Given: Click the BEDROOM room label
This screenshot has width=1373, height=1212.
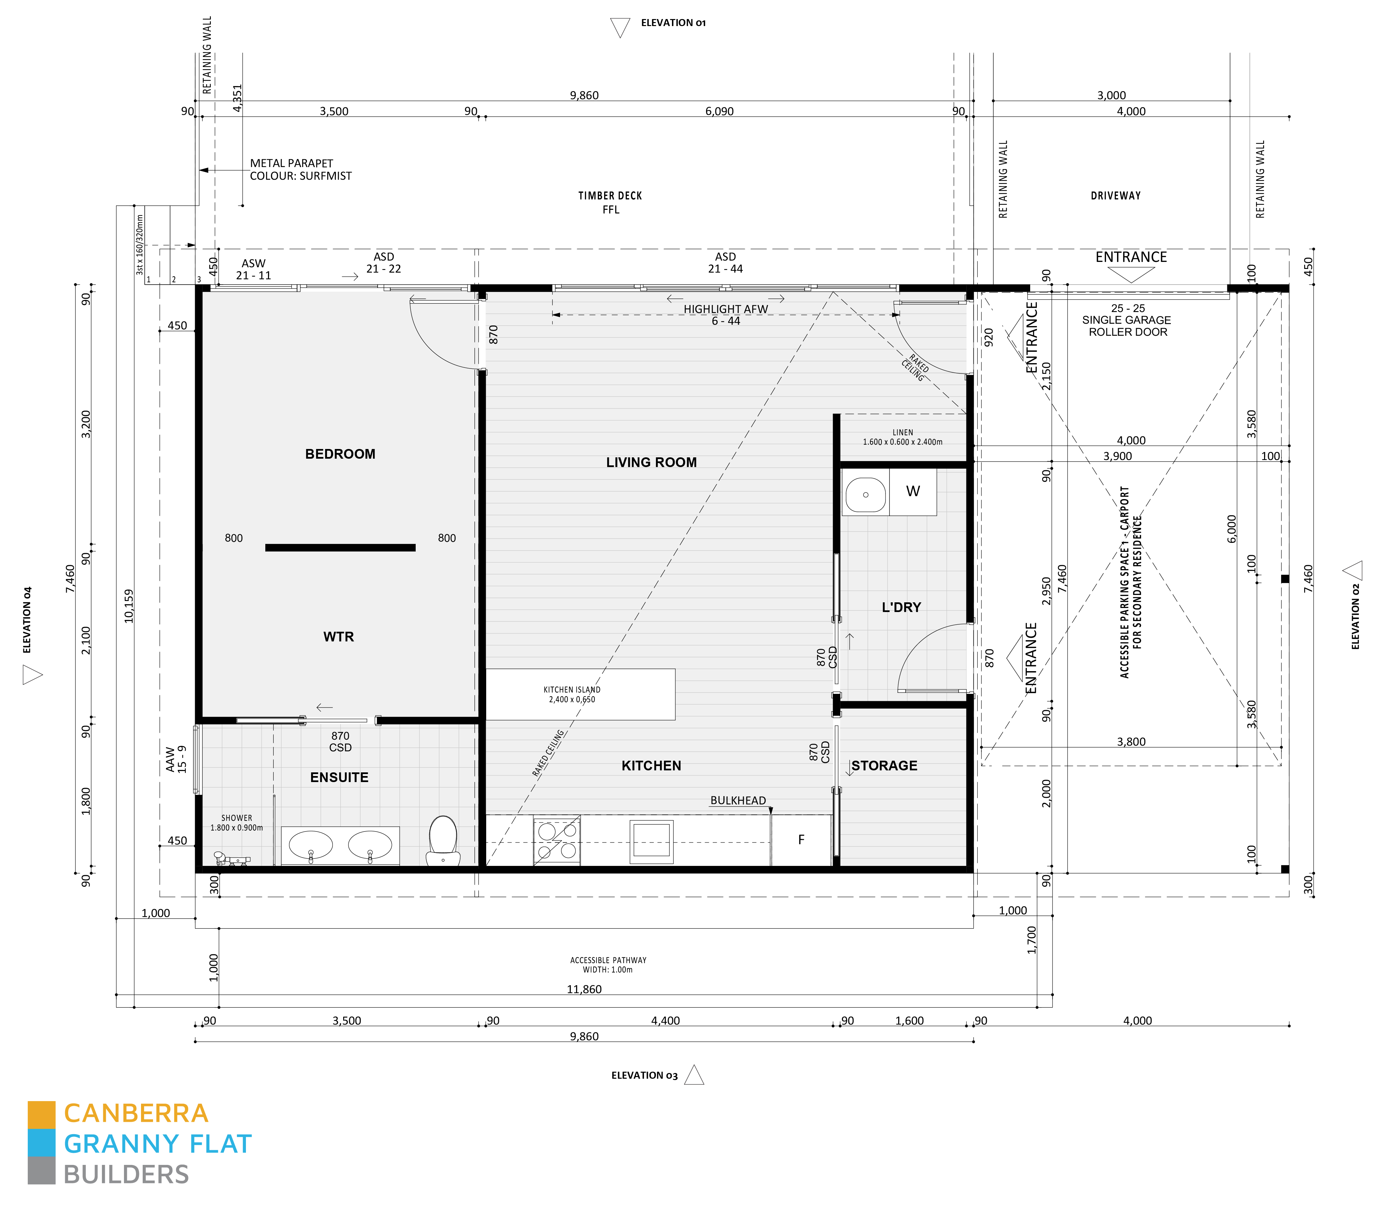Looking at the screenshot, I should coord(340,454).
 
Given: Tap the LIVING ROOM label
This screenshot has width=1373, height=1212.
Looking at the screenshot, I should coord(651,462).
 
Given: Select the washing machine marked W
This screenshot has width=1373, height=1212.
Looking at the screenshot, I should coord(912,491).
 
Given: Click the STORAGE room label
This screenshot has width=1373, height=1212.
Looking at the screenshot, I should coord(884,765).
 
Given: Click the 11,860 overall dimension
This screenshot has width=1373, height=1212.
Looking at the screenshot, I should coord(584,989).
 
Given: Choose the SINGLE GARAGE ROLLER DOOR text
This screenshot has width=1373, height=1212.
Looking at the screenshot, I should coord(1127,326).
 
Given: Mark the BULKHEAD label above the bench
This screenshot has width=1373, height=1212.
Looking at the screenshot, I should coord(737,800).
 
